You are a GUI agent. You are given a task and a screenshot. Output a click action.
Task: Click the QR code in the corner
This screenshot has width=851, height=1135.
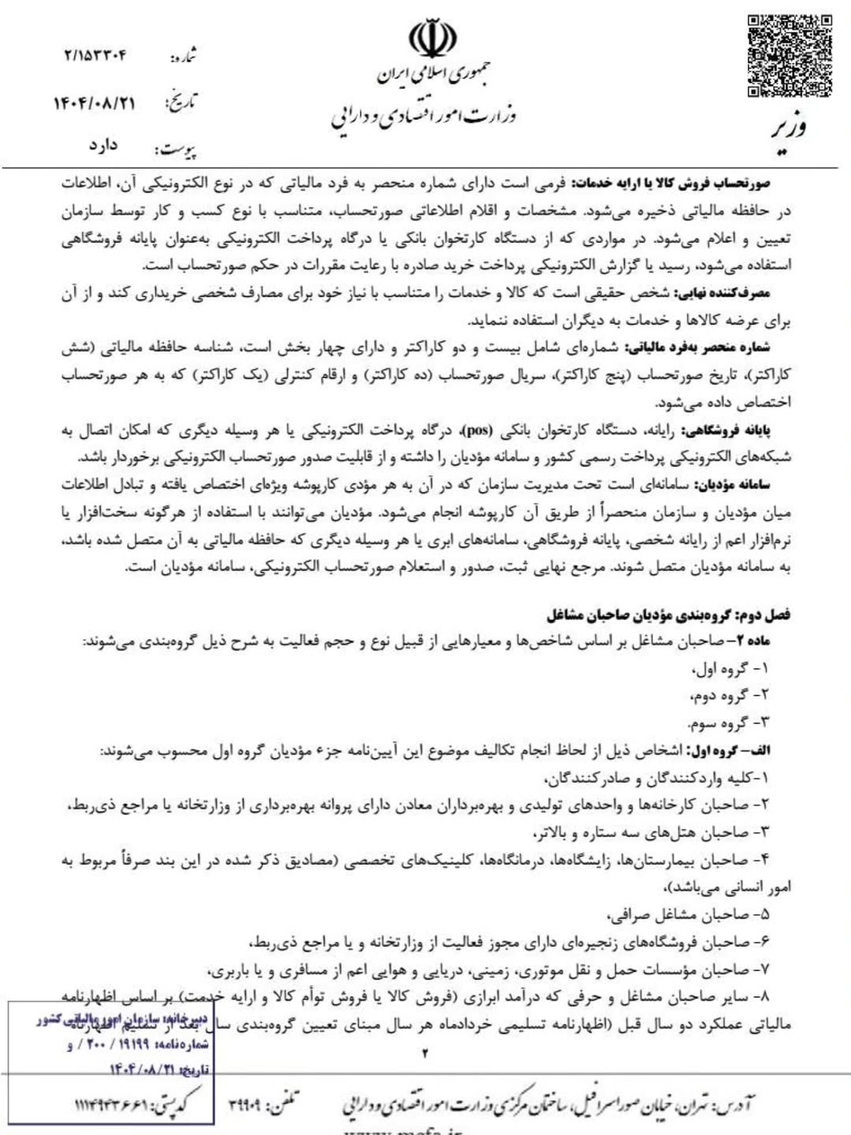790,55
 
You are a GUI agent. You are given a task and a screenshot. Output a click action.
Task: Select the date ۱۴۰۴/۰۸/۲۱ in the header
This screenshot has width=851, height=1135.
95,103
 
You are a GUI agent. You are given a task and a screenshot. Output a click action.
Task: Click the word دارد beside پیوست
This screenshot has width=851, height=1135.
103,146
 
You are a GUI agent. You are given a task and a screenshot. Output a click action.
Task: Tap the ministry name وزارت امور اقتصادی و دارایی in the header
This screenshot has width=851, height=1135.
423,117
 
